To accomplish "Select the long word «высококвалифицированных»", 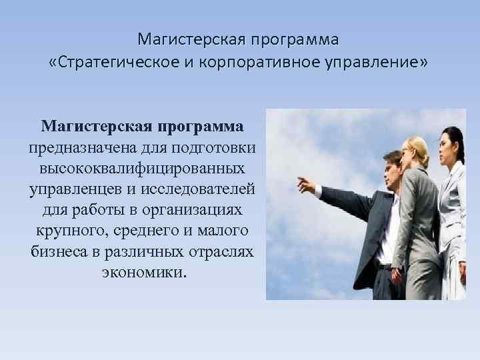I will point(141,167).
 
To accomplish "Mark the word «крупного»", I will point(69,231).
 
